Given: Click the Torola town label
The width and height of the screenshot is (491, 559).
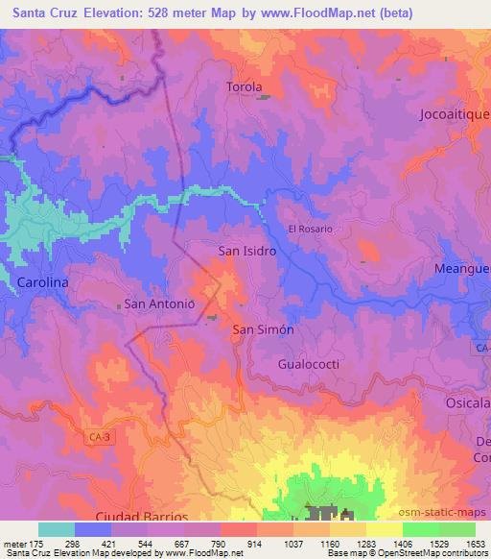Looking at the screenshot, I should point(244,87).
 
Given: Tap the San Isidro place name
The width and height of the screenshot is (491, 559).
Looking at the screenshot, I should point(247,250).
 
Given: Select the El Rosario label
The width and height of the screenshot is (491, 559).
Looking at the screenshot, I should point(310,230).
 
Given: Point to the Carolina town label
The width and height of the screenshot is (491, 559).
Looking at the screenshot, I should point(42,282).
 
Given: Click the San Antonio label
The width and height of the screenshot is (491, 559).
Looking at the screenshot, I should point(160,304).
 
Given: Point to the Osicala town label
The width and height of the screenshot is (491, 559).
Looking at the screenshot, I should point(469,403).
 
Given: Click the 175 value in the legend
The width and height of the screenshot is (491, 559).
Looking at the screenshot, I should point(37,543).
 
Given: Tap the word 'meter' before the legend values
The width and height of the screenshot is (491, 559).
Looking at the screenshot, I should point(13,543).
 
